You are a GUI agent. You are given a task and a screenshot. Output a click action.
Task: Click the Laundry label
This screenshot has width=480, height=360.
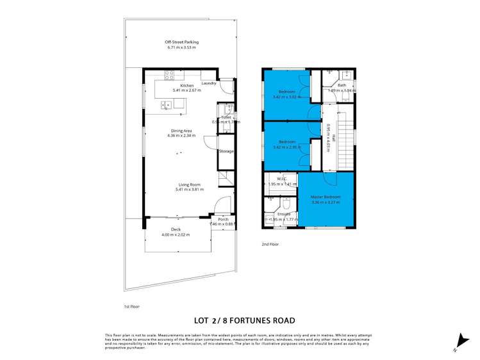(x=209, y=83)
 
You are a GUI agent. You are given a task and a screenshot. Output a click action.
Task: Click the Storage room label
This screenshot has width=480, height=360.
(x=226, y=151)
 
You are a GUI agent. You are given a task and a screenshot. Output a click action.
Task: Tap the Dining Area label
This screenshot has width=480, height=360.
(x=181, y=131)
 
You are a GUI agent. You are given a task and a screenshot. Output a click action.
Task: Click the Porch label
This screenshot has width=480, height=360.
(x=223, y=219)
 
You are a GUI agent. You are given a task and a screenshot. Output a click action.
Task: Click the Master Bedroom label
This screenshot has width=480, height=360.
(x=325, y=197)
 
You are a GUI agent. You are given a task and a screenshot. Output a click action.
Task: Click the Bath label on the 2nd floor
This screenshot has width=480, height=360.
(x=342, y=85)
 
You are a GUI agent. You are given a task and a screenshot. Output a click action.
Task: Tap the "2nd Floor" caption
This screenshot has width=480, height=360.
(x=270, y=244)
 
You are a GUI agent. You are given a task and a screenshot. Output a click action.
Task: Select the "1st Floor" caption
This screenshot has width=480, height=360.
(x=131, y=307)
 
